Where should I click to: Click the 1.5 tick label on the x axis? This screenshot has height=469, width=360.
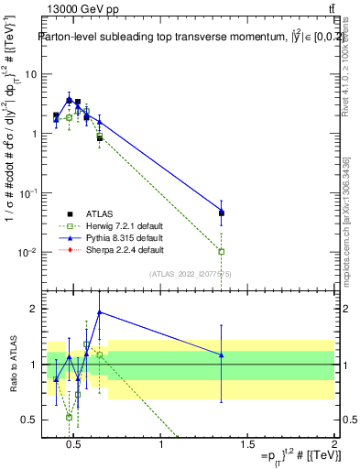click(x=248, y=445)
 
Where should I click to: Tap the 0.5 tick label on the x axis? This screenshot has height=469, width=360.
click(x=76, y=445)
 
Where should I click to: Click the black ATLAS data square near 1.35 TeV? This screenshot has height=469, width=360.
click(x=222, y=213)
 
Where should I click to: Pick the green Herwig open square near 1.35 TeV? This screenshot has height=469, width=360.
click(x=222, y=251)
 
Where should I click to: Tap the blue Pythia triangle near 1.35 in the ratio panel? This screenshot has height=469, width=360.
click(x=222, y=354)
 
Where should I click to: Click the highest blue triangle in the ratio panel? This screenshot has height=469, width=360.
click(x=100, y=312)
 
